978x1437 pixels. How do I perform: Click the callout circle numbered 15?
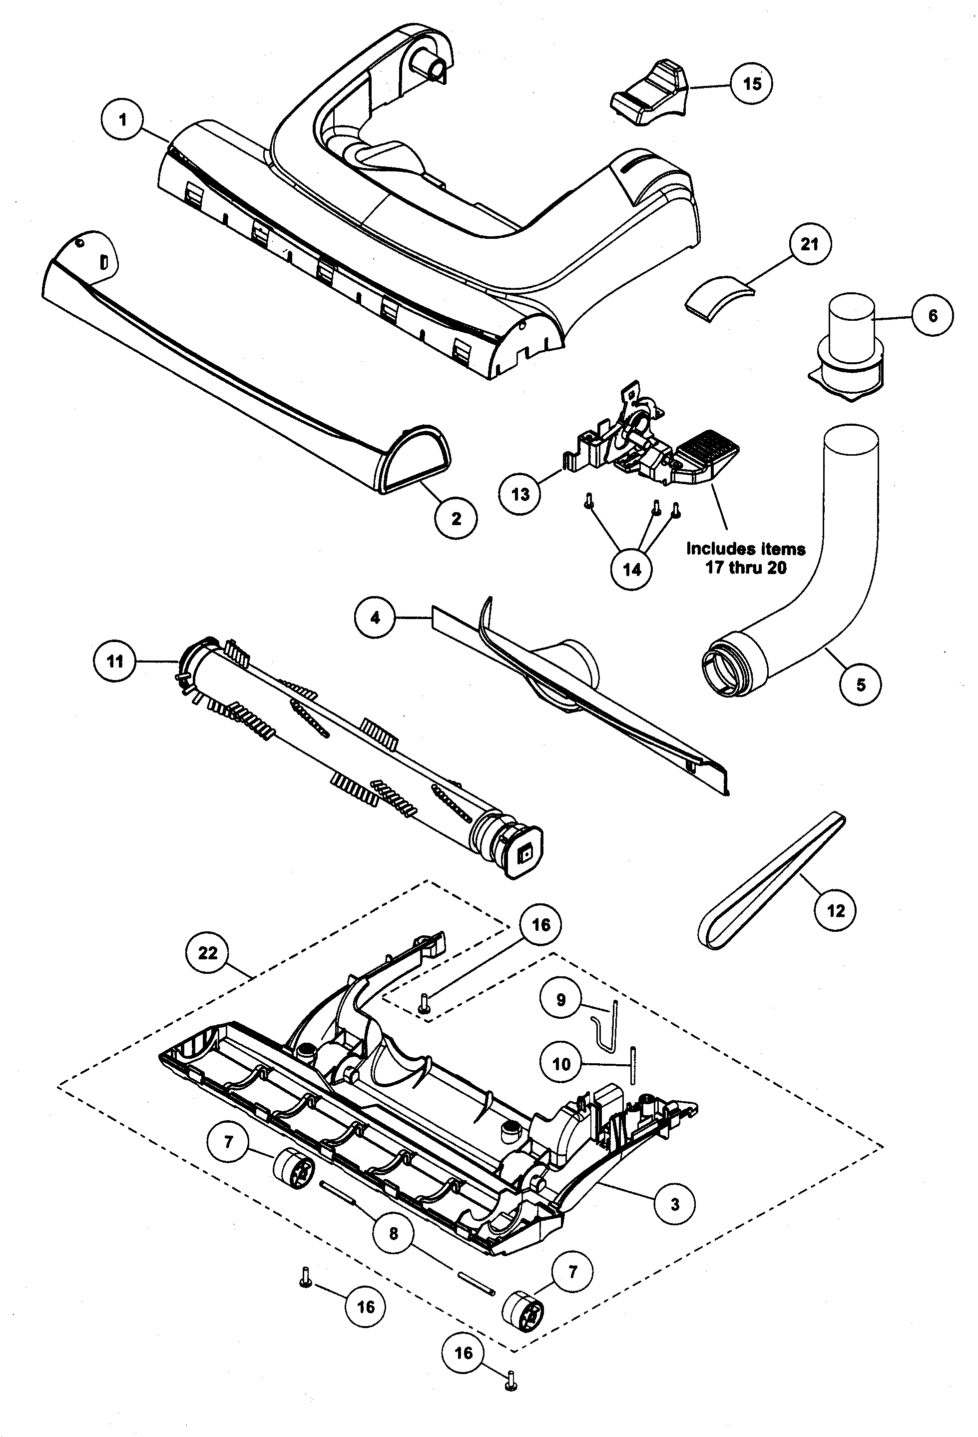pyautogui.click(x=751, y=83)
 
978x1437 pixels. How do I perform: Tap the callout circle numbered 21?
pyautogui.click(x=809, y=244)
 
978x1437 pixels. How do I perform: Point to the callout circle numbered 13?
pyautogui.click(x=520, y=494)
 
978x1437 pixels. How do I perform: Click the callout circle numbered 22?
pyautogui.click(x=208, y=953)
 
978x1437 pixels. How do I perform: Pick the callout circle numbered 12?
pyautogui.click(x=835, y=910)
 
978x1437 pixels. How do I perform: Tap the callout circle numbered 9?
pyautogui.click(x=561, y=1000)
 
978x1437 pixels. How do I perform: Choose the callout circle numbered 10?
pyautogui.click(x=561, y=1064)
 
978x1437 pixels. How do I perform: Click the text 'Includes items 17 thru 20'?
pyautogui.click(x=746, y=558)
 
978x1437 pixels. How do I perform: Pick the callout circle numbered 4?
pyautogui.click(x=375, y=618)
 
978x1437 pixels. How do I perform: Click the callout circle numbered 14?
pyautogui.click(x=631, y=569)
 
